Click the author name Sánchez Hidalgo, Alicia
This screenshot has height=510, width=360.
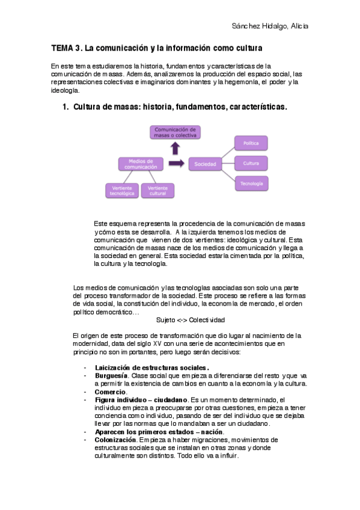click(x=270, y=26)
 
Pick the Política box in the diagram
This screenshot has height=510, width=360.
click(x=251, y=144)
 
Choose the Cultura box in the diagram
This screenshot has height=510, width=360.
click(x=251, y=163)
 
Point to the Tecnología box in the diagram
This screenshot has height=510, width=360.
click(x=251, y=183)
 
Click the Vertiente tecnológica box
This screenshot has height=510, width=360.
click(x=122, y=190)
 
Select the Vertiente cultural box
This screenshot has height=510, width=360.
click(x=158, y=190)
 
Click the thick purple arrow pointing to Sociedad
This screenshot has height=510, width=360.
click(x=177, y=164)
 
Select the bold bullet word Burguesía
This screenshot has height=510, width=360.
click(x=111, y=375)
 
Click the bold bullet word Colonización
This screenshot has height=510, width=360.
click(x=115, y=440)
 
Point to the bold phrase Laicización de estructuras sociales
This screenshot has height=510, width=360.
click(x=152, y=367)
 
